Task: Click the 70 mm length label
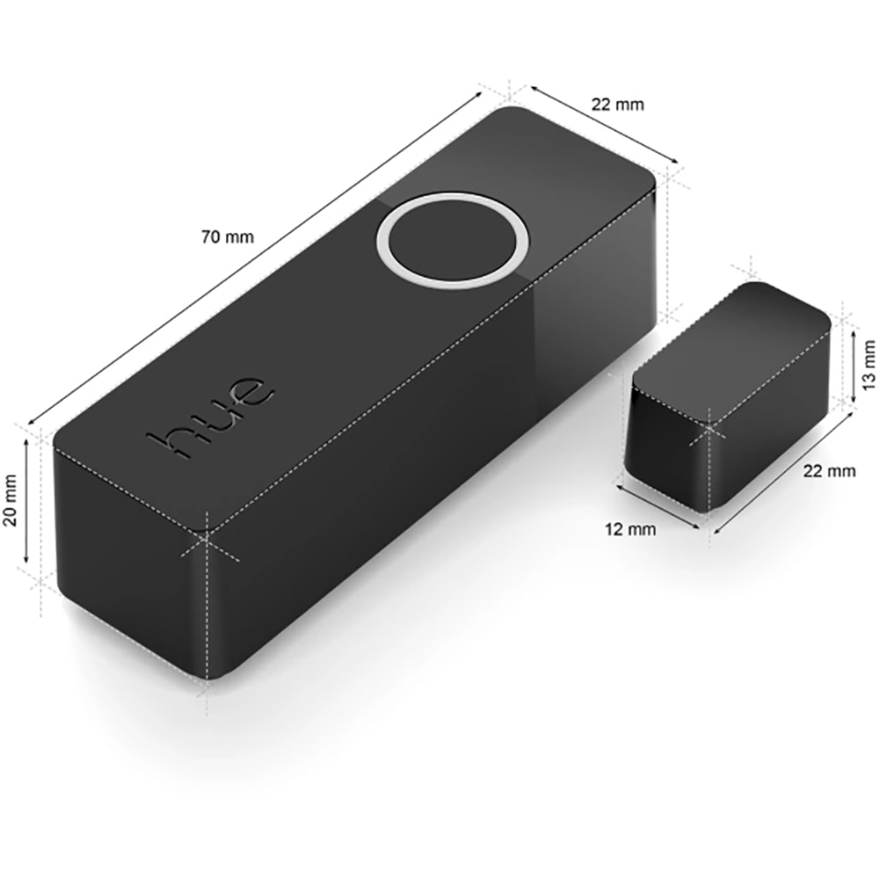click(x=227, y=236)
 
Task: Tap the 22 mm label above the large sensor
click(x=617, y=105)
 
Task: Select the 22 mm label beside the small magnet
click(x=829, y=471)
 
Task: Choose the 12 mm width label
click(x=630, y=529)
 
